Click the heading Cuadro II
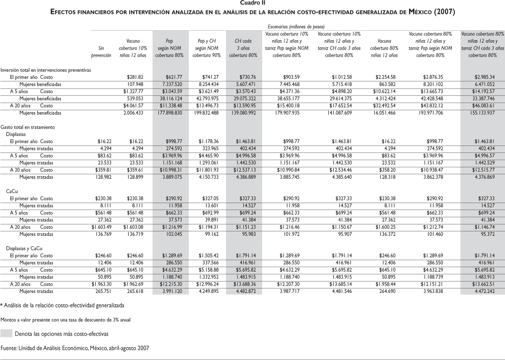click(x=253, y=3)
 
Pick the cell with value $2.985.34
click(x=484, y=77)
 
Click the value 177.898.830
click(x=171, y=113)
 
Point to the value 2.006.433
click(x=135, y=113)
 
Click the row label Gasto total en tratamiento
click(x=28, y=127)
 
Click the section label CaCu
click(x=11, y=191)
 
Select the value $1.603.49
click(x=101, y=226)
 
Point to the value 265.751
click(x=102, y=291)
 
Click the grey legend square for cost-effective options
click(x=6, y=334)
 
